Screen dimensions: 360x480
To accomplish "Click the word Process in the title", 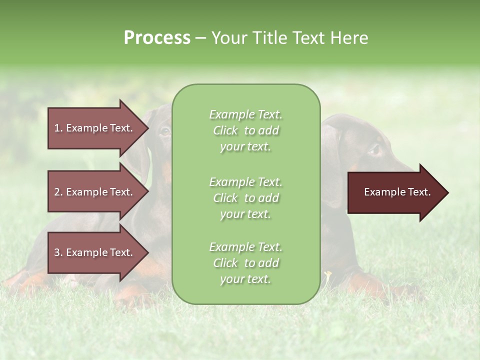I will [157, 38].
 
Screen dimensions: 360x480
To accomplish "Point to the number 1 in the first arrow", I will [57, 128].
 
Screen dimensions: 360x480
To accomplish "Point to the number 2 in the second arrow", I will [57, 192].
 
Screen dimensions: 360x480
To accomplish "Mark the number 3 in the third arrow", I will [57, 252].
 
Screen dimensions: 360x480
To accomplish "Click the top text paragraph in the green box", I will [245, 130].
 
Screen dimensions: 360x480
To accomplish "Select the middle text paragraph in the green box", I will [245, 198].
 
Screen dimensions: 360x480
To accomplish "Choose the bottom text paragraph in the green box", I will [245, 263].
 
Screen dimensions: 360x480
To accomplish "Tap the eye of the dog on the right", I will [373, 149].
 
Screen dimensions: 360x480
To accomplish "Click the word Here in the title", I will [351, 38].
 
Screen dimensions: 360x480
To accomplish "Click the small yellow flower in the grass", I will [327, 274].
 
